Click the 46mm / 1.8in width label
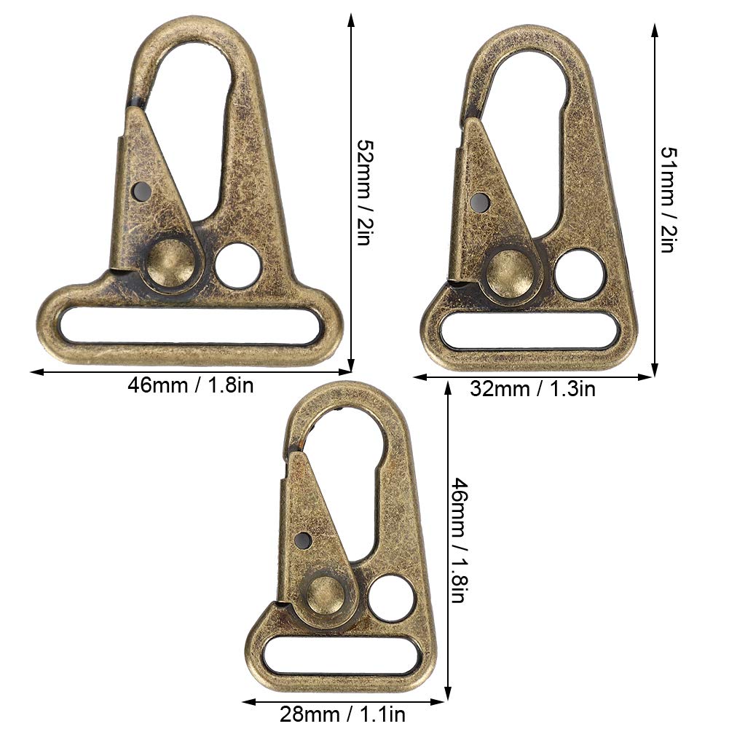pyautogui.click(x=191, y=385)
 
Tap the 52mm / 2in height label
pyautogui.click(x=365, y=192)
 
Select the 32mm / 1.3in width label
pyautogui.click(x=532, y=389)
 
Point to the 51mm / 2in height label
pyautogui.click(x=669, y=200)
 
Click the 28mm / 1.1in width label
pyautogui.click(x=342, y=714)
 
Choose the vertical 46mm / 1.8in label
pyautogui.click(x=458, y=540)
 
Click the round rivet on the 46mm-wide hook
pyautogui.click(x=170, y=264)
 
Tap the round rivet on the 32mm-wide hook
pyautogui.click(x=508, y=272)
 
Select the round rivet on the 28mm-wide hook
pyautogui.click(x=326, y=595)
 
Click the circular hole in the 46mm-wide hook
pyautogui.click(x=238, y=266)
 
